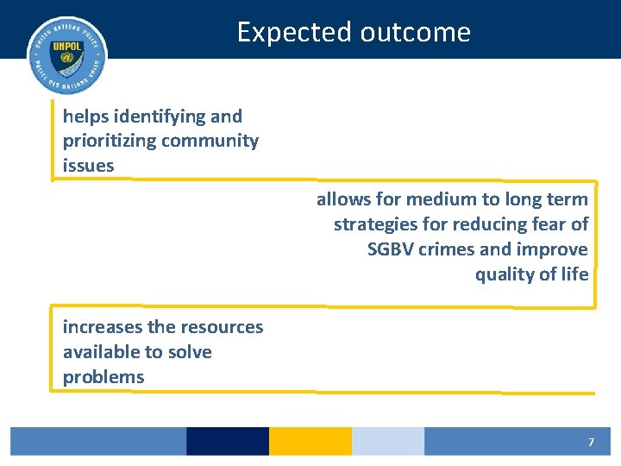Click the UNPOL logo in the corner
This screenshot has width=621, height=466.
click(x=66, y=54)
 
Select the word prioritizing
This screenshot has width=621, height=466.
click(x=110, y=141)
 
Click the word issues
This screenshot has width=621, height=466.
click(x=88, y=166)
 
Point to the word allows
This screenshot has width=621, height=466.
click(x=344, y=199)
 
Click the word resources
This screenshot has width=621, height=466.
click(x=222, y=327)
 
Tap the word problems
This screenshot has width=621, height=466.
click(x=103, y=377)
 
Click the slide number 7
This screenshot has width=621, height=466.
click(x=591, y=442)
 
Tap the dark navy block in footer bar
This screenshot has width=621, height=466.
click(x=228, y=441)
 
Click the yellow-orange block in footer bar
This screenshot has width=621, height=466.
click(x=310, y=441)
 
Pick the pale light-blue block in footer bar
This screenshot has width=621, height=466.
click(x=387, y=441)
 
